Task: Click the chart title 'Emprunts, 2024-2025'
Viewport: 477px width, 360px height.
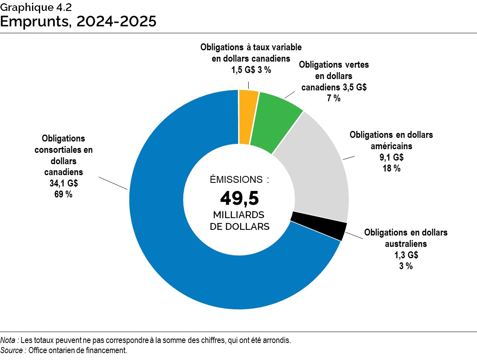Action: tap(78, 21)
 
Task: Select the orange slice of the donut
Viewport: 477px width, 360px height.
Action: tap(248, 117)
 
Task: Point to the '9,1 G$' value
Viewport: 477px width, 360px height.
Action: tap(391, 157)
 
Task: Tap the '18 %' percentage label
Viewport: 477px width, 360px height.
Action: tap(391, 168)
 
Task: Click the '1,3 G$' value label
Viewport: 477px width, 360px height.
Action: tap(406, 255)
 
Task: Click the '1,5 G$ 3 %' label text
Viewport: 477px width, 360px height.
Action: tap(251, 69)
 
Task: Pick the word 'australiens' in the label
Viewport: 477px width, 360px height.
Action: tap(406, 244)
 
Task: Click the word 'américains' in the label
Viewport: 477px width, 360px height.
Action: tap(391, 146)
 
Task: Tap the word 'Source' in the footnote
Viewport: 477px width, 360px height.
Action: tap(12, 350)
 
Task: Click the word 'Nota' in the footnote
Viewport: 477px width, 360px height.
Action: tap(9, 340)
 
